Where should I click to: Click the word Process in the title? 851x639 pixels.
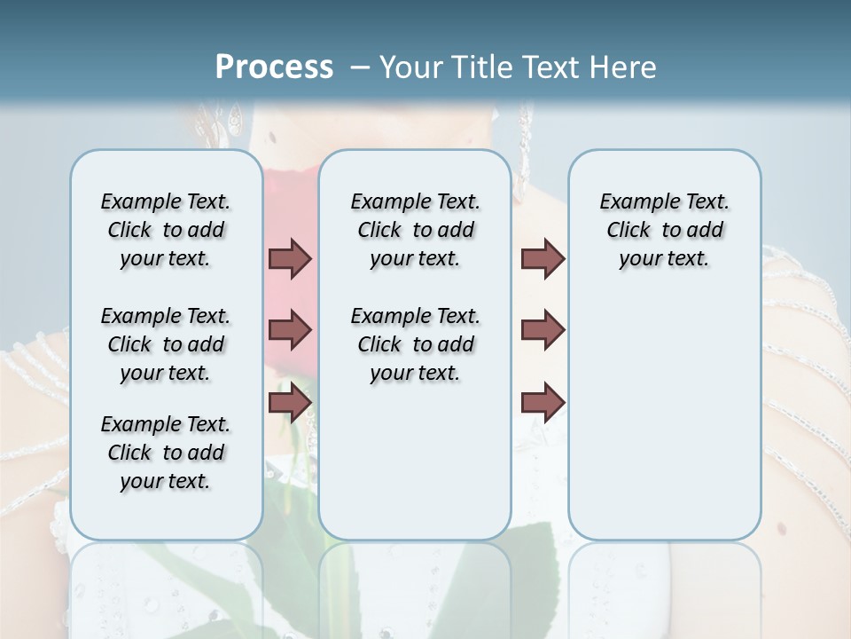[x=274, y=67]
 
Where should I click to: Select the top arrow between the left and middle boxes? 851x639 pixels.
[x=290, y=258]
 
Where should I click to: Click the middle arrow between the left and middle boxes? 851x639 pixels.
[x=290, y=330]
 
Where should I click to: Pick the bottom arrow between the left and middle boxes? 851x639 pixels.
[x=290, y=402]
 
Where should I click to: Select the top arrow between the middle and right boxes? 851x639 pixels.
[x=543, y=258]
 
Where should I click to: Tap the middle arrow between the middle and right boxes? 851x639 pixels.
[x=543, y=330]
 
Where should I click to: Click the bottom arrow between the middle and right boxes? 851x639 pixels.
[x=543, y=402]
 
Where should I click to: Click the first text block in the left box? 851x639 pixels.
[x=166, y=230]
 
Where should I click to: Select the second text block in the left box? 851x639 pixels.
[x=166, y=344]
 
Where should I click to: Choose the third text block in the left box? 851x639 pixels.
[x=166, y=453]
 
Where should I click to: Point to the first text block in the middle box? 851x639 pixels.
[x=415, y=230]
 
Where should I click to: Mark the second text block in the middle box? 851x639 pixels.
[x=415, y=344]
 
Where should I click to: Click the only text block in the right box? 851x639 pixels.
[x=664, y=230]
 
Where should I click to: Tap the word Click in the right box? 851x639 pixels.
[x=628, y=231]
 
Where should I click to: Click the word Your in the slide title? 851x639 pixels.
[x=409, y=67]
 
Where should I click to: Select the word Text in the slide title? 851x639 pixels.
[x=550, y=67]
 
